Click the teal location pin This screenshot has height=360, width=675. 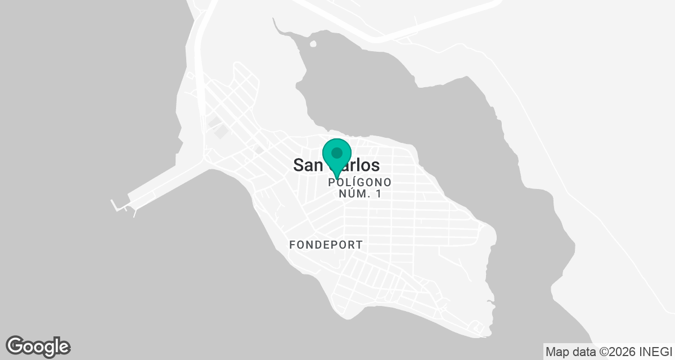click(x=337, y=157)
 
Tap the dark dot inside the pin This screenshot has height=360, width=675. click(x=337, y=152)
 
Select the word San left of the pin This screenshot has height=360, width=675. click(x=308, y=165)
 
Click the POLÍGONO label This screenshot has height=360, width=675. click(x=359, y=182)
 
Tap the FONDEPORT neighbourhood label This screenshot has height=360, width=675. click(x=326, y=245)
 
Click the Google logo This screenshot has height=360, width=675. click(x=38, y=346)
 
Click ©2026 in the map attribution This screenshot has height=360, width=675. click(x=616, y=352)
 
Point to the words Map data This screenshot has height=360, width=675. click(x=565, y=352)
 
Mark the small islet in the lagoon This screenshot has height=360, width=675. click(x=313, y=44)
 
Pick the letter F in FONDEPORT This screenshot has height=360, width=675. click(x=292, y=245)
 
